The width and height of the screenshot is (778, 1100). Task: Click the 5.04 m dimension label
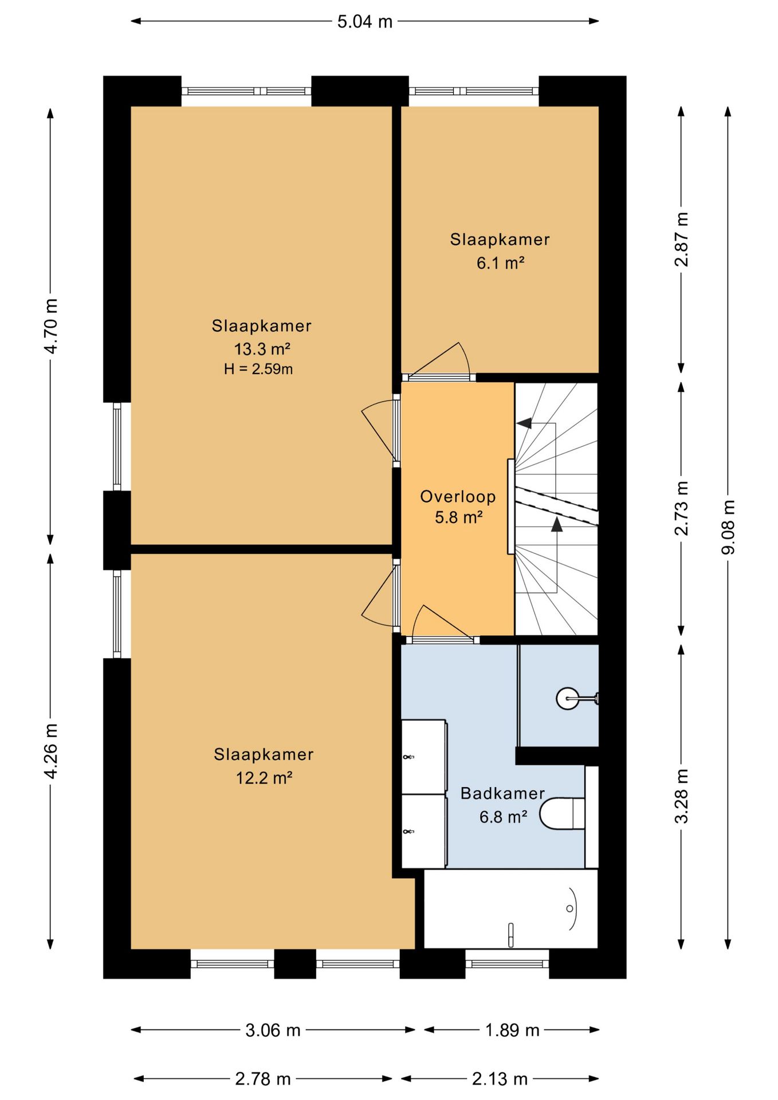[x=364, y=22]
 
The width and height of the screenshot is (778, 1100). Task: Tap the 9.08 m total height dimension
[x=728, y=527]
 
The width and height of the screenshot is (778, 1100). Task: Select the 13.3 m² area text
[x=262, y=349]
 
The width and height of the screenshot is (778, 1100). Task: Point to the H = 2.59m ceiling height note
[x=258, y=369]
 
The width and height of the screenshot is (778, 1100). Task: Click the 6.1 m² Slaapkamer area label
[x=501, y=263]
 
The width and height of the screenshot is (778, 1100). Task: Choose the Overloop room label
[x=458, y=497]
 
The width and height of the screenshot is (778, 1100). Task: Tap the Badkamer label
[x=502, y=793]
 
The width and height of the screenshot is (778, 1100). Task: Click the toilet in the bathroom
[x=562, y=814]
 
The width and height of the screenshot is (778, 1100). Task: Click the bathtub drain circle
[x=569, y=909]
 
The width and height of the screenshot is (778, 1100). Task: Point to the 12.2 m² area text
[x=264, y=778]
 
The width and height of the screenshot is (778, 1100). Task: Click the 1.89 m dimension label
[x=512, y=1030]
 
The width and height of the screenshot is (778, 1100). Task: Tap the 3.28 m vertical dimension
[x=682, y=796]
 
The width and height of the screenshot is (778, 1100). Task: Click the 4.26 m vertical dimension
[x=51, y=751]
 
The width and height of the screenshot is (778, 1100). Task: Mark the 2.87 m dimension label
[x=682, y=239]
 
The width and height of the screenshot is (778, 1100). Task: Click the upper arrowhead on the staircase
[x=523, y=423]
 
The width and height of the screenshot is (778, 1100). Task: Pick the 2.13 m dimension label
[x=500, y=1079]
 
